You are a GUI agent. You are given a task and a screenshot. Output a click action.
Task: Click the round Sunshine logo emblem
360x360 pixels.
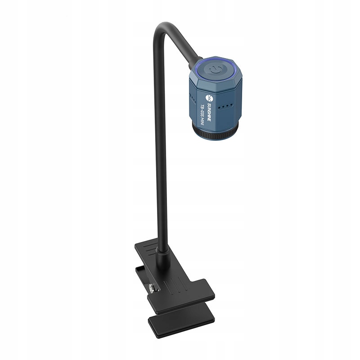[x=208, y=97]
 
